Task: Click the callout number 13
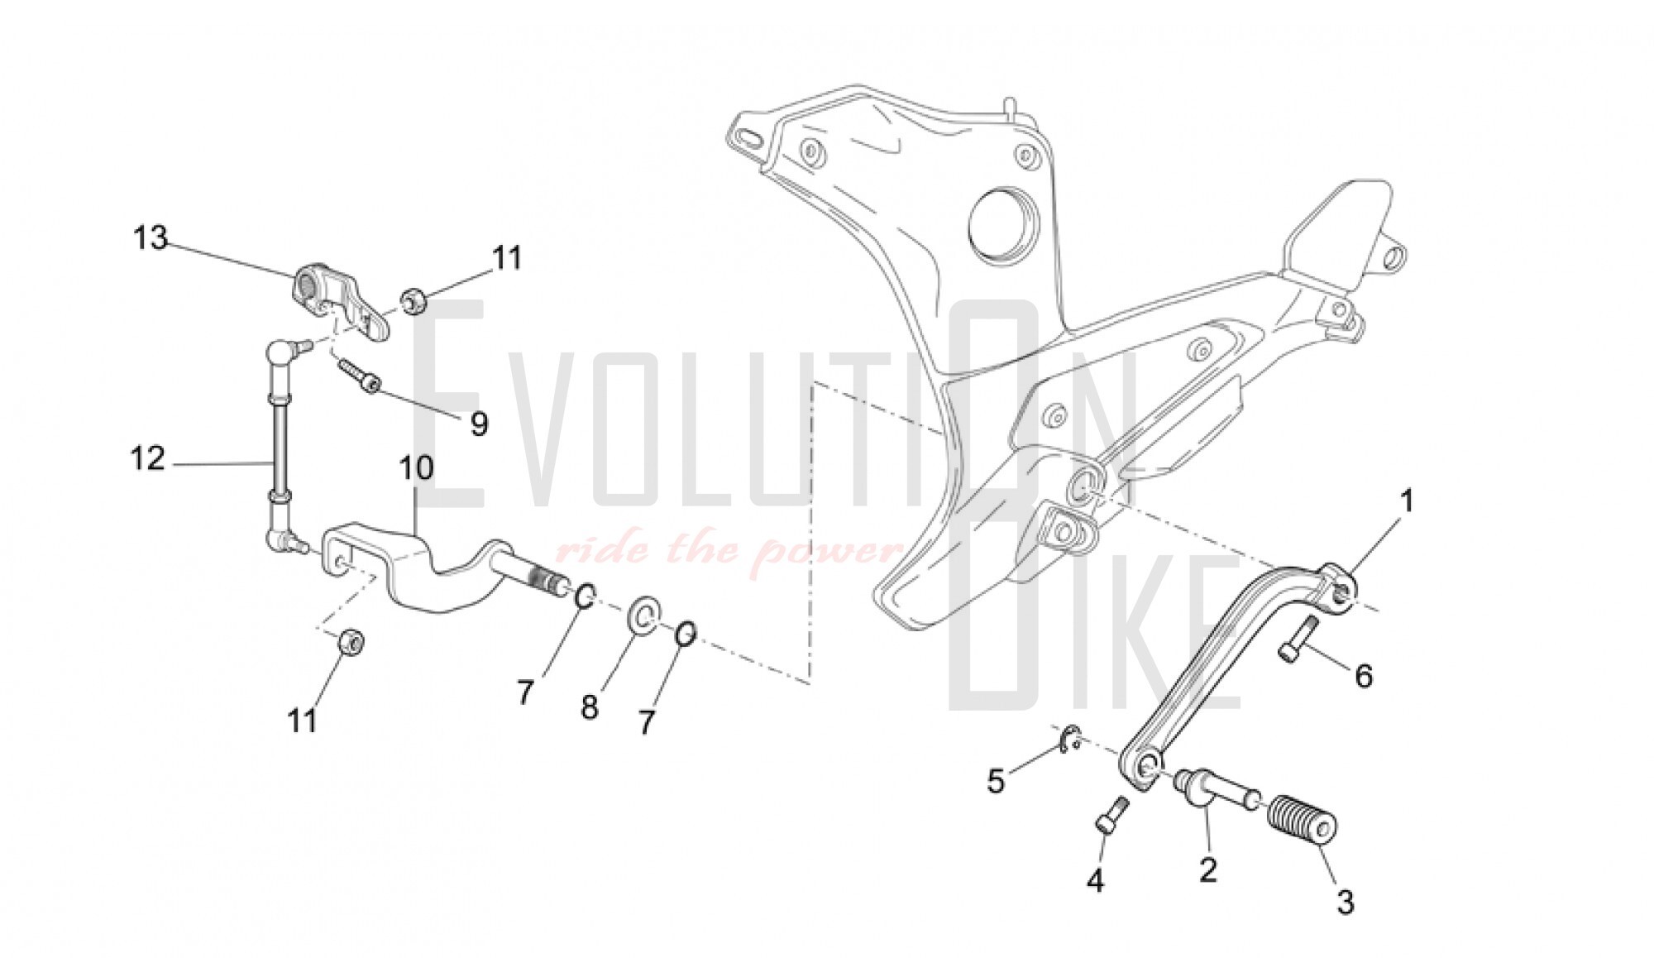[x=151, y=238]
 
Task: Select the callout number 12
[x=148, y=458]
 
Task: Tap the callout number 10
[x=416, y=468]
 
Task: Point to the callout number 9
[x=479, y=424]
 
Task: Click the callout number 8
[x=589, y=708]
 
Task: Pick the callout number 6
[x=1364, y=676]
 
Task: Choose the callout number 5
[x=996, y=780]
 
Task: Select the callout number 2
[x=1208, y=869]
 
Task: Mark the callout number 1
[x=1407, y=501]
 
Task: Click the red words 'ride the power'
[x=728, y=549]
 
